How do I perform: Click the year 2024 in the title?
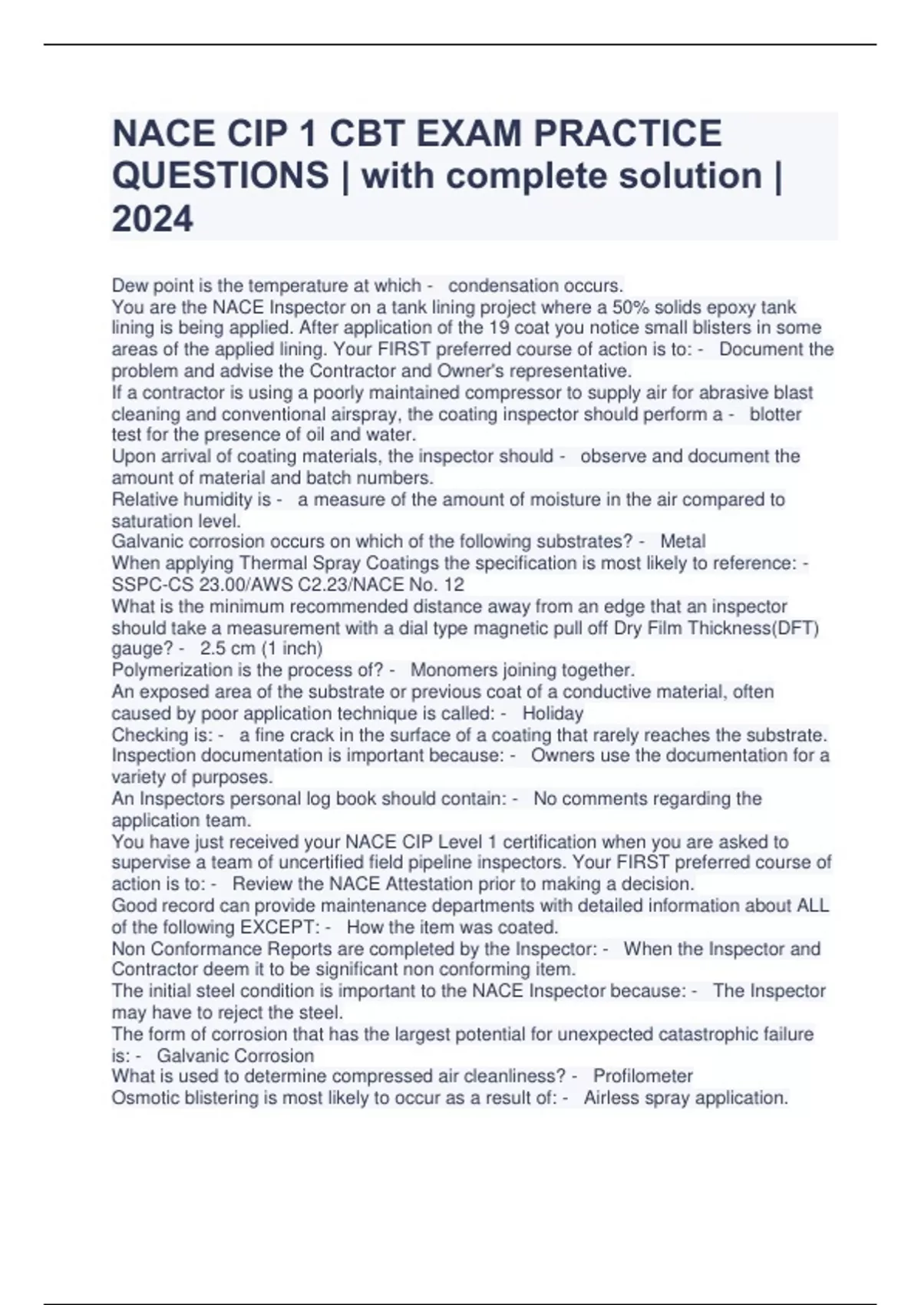(153, 219)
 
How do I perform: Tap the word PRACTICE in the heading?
(627, 134)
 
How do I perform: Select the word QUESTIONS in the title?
(220, 176)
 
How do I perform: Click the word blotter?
(775, 415)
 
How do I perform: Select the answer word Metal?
(682, 541)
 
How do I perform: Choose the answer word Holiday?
(553, 713)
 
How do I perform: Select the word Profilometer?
(642, 1075)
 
